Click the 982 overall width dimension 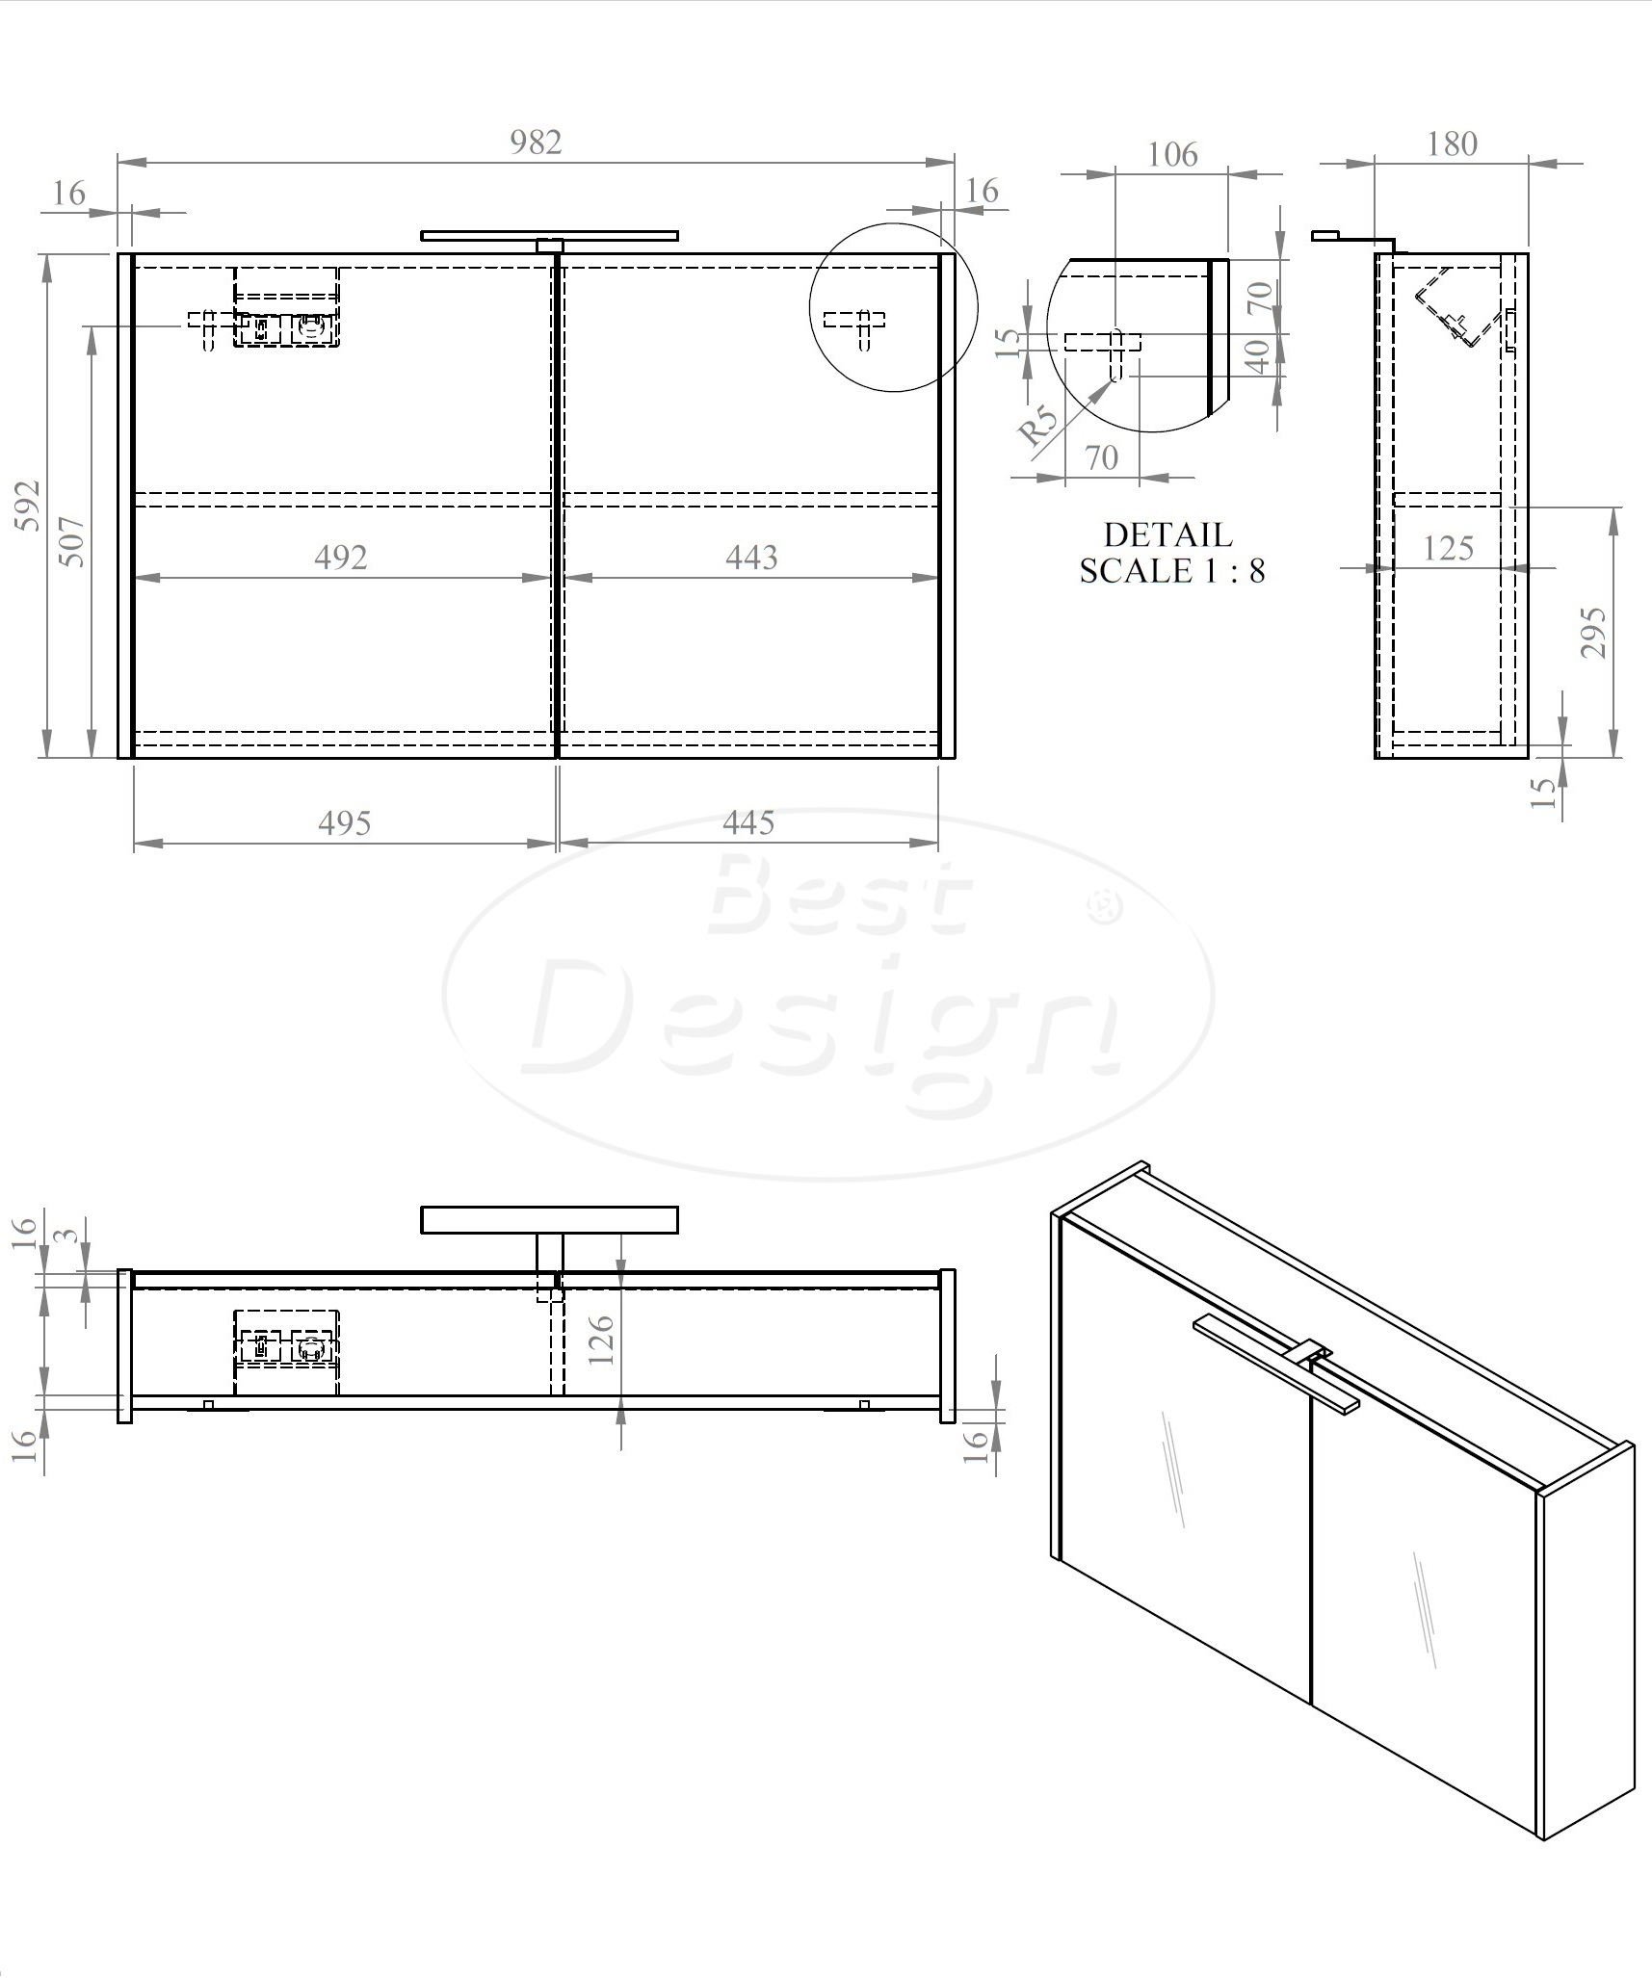[x=536, y=142]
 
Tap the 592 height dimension [x=29, y=505]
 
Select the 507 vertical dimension [x=73, y=542]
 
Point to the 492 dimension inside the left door [x=341, y=558]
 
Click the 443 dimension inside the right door [x=751, y=558]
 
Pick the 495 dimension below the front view [x=345, y=823]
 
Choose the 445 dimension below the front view [x=748, y=823]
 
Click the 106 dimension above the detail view [x=1172, y=155]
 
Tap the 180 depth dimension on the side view [x=1452, y=144]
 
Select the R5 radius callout [x=1038, y=425]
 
